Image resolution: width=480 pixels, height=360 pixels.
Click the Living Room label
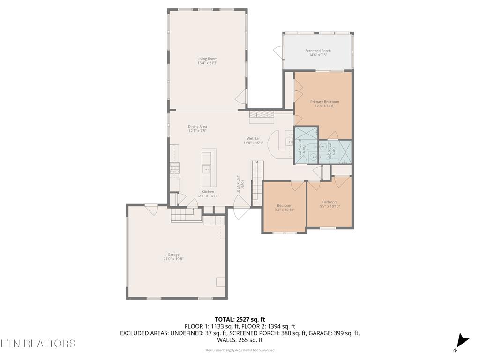pos(207,59)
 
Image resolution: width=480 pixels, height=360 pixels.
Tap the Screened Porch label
pos(318,51)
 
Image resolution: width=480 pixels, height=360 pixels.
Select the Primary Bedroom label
pos(324,102)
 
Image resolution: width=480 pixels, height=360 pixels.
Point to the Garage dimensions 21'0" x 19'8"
pos(173,259)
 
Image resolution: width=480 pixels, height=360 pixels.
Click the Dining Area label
pos(197,127)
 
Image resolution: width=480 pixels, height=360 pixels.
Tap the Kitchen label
pos(208,192)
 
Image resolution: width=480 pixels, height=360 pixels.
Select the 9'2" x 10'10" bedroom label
pos(285,206)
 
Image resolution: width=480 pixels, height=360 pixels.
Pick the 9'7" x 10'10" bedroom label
pos(330,202)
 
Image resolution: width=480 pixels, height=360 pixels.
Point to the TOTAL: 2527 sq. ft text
pos(240,320)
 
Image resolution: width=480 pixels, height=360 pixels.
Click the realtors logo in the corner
pos(37,344)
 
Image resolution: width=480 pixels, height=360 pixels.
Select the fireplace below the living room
pos(261,115)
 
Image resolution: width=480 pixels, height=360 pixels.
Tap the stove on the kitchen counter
pos(174,168)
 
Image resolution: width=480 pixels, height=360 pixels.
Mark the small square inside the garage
pos(220,282)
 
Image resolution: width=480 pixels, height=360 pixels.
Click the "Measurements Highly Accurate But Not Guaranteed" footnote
pos(240,350)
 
